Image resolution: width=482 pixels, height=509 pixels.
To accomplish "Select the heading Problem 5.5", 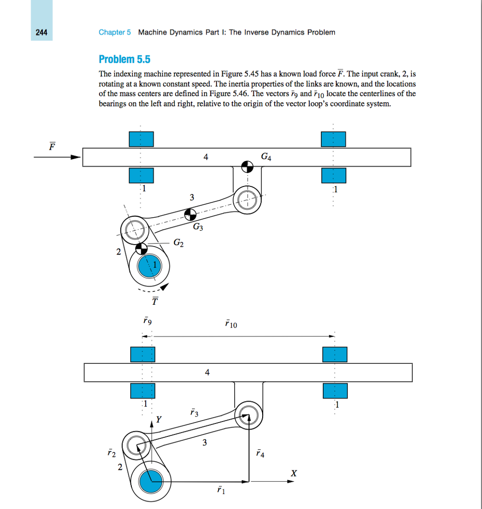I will point(124,60).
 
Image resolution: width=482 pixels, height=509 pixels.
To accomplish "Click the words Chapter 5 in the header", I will point(114,32).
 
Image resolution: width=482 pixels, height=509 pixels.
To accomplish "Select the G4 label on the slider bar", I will point(266,158).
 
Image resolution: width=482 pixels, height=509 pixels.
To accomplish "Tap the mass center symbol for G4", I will point(247,166).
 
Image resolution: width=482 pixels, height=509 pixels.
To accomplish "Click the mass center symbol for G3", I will point(189,215).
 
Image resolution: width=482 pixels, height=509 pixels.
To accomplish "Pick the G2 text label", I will point(179,243).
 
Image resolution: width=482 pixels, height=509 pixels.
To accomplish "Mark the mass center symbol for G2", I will point(142,248).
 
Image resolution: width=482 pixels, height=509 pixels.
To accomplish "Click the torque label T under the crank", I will point(155,300).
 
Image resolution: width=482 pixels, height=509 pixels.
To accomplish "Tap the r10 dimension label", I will point(231,325).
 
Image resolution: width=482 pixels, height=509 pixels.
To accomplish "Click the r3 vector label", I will point(194,412).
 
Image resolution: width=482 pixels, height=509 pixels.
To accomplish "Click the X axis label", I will point(294,473).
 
